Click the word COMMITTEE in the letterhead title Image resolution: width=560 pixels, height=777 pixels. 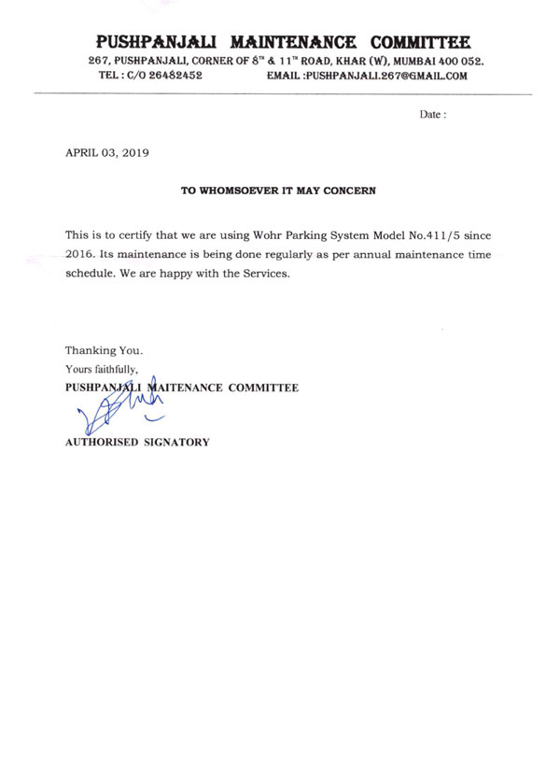click(419, 42)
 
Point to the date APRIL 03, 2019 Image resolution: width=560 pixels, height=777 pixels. click(106, 151)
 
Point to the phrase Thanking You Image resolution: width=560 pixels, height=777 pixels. click(104, 350)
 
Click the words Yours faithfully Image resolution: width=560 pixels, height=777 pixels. click(101, 369)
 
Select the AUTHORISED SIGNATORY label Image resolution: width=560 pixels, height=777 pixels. click(136, 442)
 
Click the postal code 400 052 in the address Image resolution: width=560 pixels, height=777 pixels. click(457, 61)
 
